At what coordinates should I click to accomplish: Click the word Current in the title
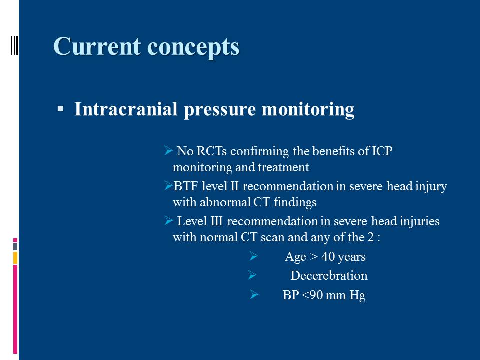tap(97, 46)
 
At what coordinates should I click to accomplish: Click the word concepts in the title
tap(193, 48)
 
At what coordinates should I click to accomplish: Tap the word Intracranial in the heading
tap(126, 109)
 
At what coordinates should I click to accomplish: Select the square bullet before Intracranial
tap(60, 108)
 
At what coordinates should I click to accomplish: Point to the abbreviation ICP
tap(382, 151)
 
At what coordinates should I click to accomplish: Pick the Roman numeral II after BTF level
tap(234, 186)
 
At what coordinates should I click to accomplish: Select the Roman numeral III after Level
tap(216, 221)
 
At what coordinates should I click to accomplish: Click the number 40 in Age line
tap(328, 257)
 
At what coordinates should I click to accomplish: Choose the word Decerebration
tap(329, 276)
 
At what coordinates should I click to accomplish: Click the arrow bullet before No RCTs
tap(168, 150)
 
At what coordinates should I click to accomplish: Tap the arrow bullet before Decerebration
tap(252, 275)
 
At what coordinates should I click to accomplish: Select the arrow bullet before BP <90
tap(254, 295)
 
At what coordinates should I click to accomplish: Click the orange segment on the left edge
tap(15, 258)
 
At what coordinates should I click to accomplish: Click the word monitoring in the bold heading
tap(308, 110)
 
